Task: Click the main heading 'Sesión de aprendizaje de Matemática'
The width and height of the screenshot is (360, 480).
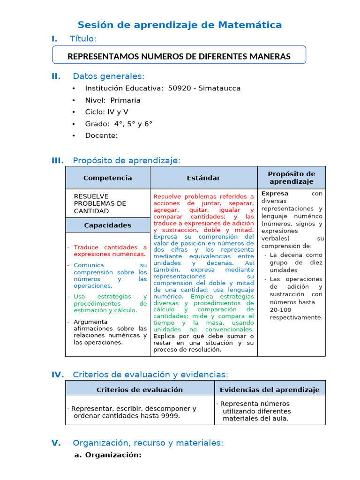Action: pos(180,25)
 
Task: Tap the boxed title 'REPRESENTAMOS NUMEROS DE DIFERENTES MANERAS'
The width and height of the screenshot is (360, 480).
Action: pos(179,56)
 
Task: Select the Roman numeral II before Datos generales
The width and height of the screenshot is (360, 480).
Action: pos(56,76)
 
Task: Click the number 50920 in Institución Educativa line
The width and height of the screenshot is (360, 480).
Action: pos(179,88)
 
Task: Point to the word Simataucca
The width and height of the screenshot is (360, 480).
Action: pos(219,88)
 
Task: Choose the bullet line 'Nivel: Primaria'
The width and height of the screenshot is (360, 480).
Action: pos(112,100)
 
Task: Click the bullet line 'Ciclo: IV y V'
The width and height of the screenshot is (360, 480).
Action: pos(106,112)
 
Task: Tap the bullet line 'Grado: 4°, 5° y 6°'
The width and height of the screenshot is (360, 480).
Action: pos(118,124)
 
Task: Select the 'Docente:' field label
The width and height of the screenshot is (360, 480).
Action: pos(101,135)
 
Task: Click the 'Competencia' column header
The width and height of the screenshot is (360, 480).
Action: pos(107,178)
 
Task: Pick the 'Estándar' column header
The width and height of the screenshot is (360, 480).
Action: pos(203,178)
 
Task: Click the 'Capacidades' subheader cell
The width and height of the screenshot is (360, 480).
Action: pos(107,225)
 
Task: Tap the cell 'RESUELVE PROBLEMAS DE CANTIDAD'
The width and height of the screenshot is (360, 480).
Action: pos(100,203)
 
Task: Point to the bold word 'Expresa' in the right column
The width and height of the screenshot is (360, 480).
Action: pos(275,194)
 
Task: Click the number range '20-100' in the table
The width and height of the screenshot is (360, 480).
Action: pos(280,310)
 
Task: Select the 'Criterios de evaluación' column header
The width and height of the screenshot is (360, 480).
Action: pos(140,390)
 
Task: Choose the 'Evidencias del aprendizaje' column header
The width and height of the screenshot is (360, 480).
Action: pos(270,390)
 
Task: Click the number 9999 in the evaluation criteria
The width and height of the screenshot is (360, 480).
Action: pos(170,416)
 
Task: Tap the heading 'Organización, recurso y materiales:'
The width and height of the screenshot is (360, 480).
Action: pos(148,443)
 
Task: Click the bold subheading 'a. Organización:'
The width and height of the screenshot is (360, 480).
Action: pos(108,455)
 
